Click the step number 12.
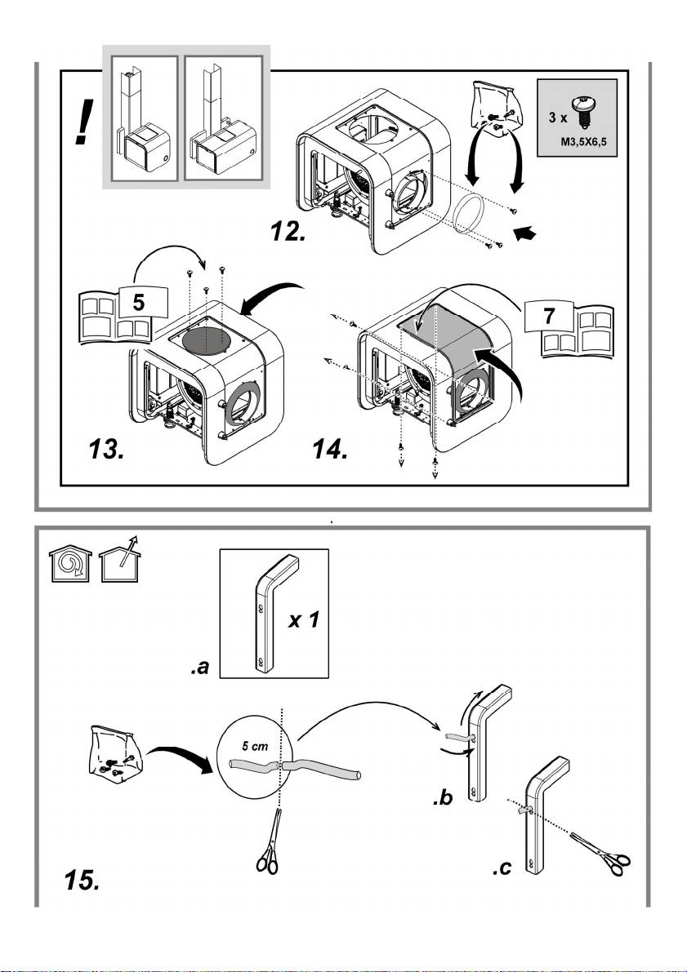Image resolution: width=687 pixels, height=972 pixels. point(288,231)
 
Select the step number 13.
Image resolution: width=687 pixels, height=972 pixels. point(106,449)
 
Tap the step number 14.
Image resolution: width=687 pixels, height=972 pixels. point(329,449)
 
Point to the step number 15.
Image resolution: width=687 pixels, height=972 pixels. point(82,881)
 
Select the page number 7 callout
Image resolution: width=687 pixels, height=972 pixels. point(549,316)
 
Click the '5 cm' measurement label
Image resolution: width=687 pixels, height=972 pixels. point(255,747)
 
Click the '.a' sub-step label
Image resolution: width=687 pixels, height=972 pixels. point(200,668)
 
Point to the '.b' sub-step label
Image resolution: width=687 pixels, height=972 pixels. point(443,799)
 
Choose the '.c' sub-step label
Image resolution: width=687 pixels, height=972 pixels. point(502,868)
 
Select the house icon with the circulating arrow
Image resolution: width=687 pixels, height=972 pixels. point(70,563)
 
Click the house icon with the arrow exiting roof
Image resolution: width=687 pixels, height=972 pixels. point(120,560)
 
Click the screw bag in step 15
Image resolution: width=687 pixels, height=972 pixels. point(116,752)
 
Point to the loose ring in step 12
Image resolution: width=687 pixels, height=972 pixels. point(470,215)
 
